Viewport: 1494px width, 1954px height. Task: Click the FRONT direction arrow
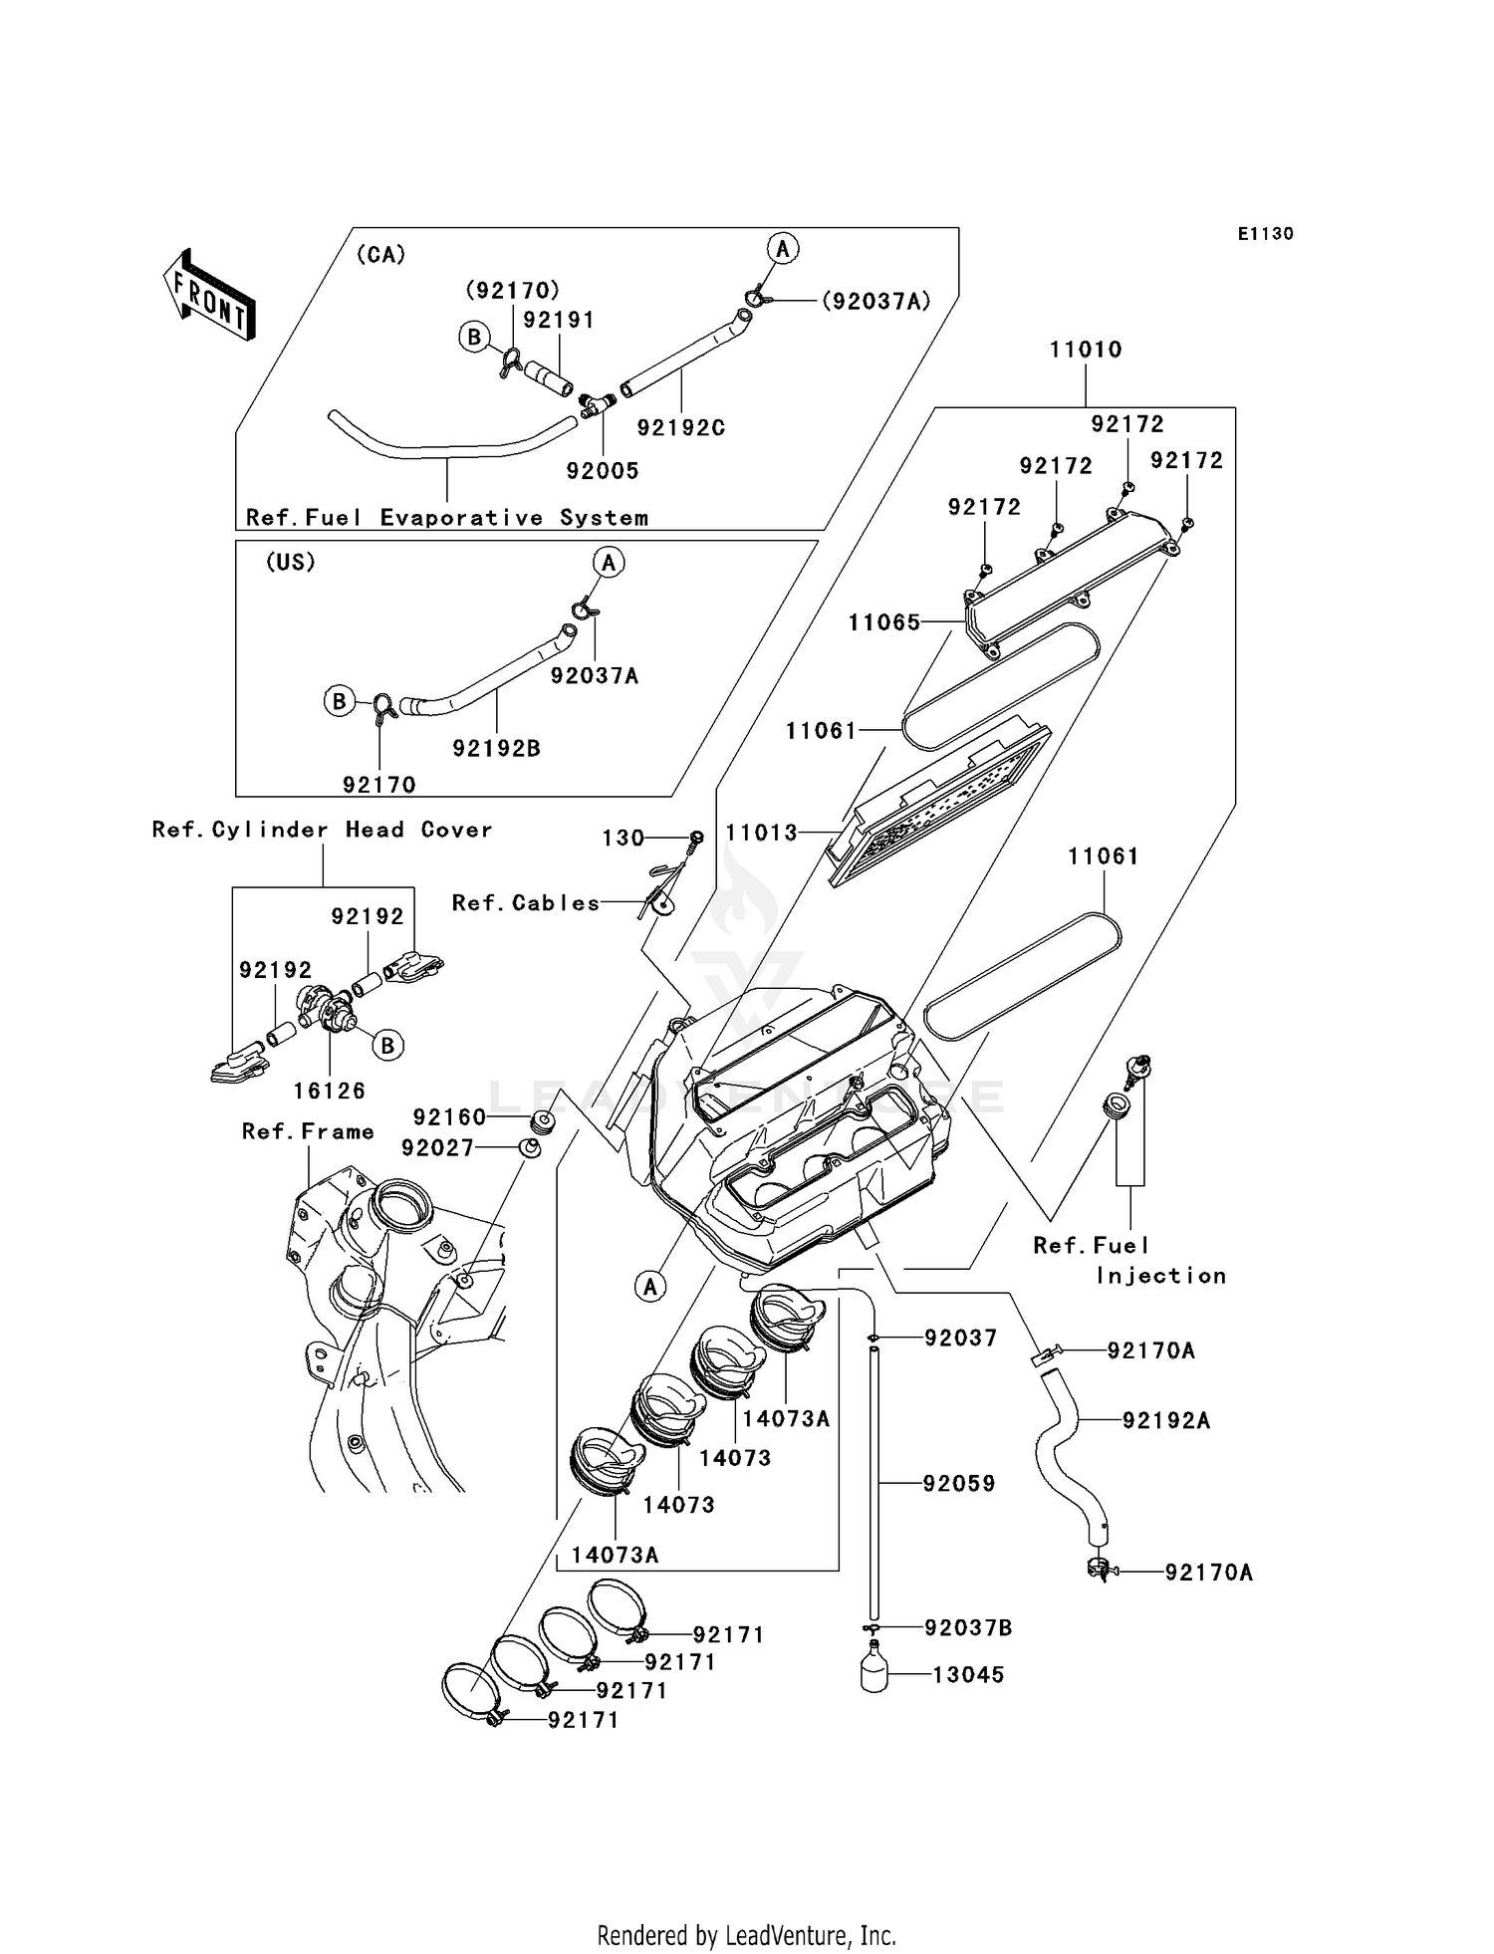pos(209,297)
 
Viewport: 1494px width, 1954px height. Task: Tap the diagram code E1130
pos(1265,234)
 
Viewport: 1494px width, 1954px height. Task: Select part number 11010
pos(1085,350)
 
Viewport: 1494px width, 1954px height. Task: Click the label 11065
pos(884,623)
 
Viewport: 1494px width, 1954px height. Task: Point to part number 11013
pos(762,833)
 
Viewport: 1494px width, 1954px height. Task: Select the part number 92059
pos(959,1484)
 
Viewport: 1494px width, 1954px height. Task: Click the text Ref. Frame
pos(308,1131)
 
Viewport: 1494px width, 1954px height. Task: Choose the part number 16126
pos(330,1091)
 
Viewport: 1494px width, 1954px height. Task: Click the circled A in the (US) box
pos(609,563)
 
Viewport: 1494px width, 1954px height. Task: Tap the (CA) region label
pos(380,255)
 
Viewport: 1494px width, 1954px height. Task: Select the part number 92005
pos(603,471)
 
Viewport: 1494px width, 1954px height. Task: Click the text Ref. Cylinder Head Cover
pos(322,830)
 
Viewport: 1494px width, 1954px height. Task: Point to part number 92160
pos(449,1117)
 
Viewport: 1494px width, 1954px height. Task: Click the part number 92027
pos(438,1148)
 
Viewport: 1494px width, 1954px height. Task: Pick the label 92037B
pos(968,1628)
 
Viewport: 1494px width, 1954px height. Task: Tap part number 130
pos(623,839)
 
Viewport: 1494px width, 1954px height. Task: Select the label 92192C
pos(681,428)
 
